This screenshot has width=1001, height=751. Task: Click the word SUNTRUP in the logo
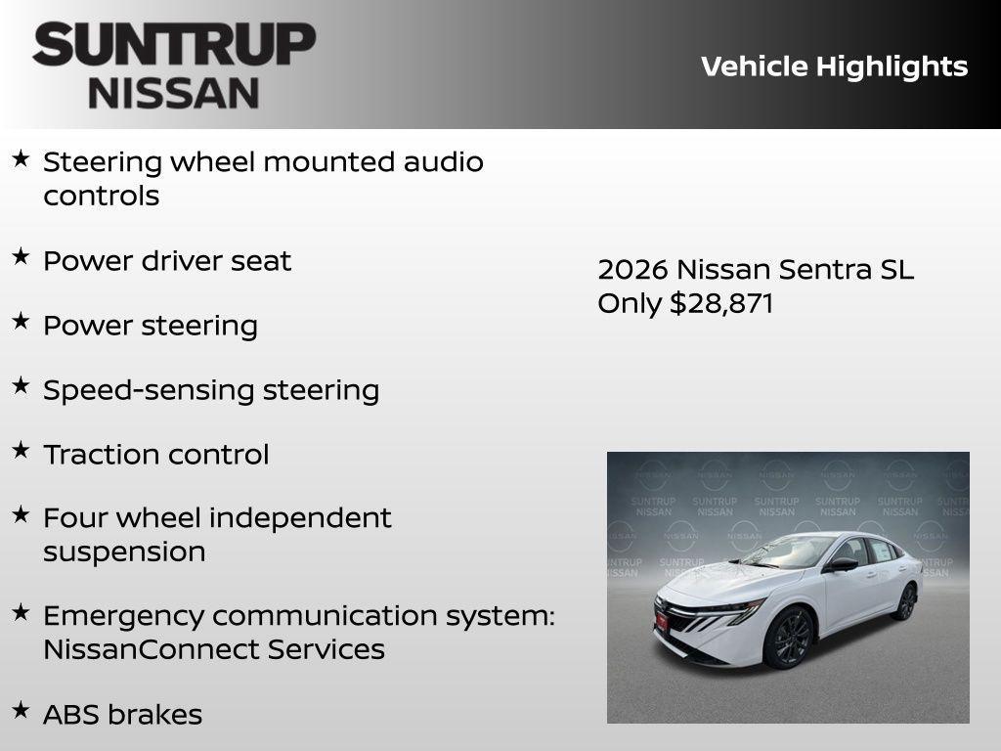coord(174,45)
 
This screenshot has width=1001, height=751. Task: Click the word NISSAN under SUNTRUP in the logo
coord(174,92)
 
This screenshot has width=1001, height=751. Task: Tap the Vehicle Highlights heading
coord(834,66)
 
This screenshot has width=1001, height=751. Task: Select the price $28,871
coord(721,303)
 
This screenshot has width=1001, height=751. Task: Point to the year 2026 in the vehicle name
coord(632,270)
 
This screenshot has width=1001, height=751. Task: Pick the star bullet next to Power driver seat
coord(21,257)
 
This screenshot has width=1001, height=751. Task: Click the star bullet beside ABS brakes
coord(21,710)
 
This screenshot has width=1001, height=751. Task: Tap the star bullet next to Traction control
coord(21,450)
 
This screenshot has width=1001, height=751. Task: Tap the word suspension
coord(124,552)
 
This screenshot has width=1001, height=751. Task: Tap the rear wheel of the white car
coord(906,600)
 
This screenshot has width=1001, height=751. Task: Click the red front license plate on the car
coord(662,620)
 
